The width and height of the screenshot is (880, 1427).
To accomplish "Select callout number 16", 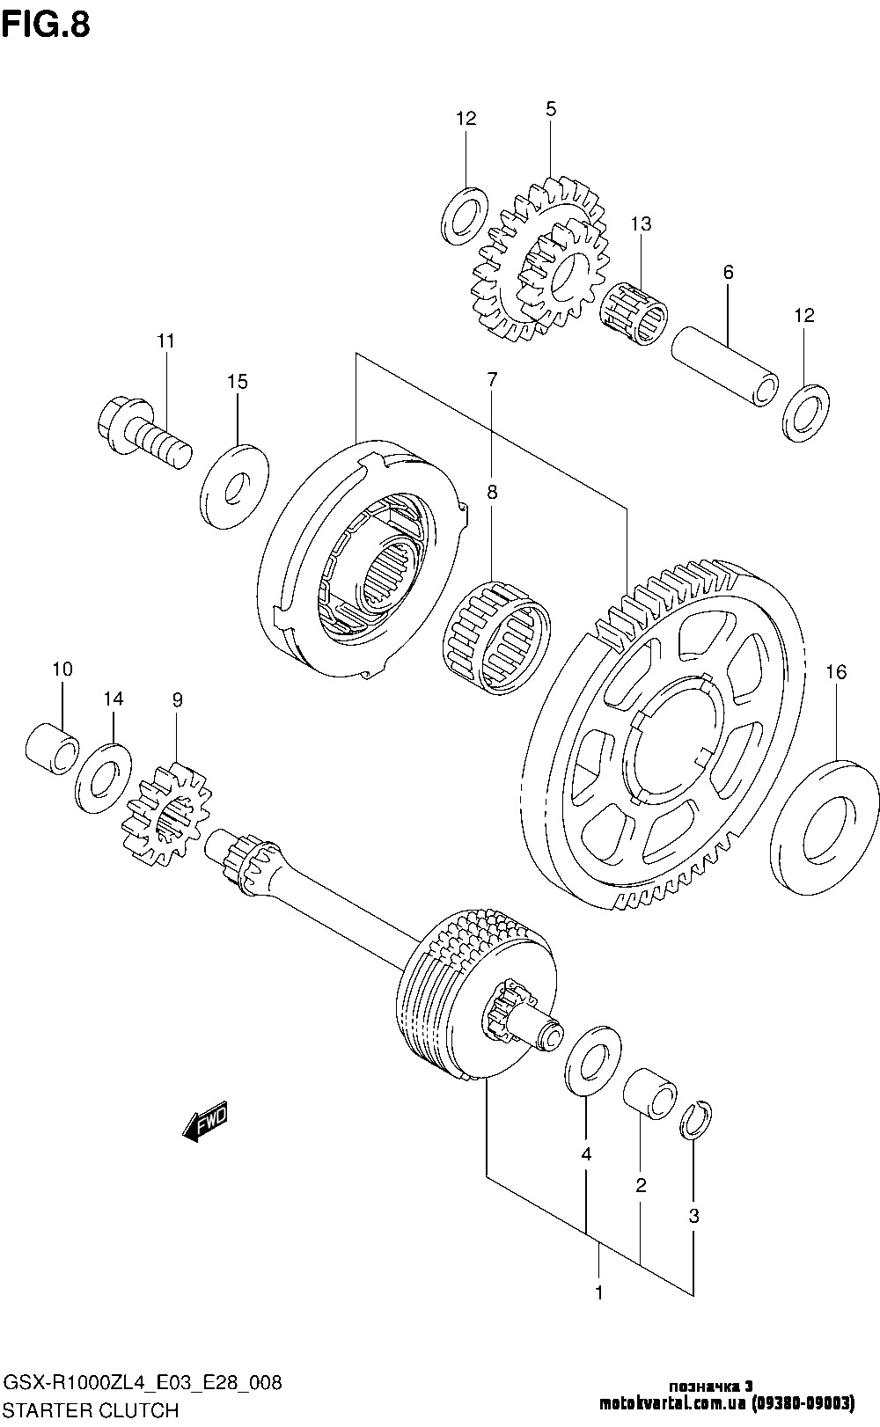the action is click(836, 671).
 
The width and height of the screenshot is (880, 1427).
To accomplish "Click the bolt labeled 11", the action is click(144, 431).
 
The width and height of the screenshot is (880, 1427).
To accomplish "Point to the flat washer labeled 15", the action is click(234, 487).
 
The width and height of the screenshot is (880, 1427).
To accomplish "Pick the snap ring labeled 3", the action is click(696, 1120).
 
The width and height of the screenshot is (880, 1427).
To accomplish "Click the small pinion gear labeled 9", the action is click(166, 815).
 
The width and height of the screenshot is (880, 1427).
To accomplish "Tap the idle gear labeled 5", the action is click(539, 259).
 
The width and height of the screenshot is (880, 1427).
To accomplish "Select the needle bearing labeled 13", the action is click(634, 313).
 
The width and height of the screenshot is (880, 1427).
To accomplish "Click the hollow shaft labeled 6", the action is click(725, 366).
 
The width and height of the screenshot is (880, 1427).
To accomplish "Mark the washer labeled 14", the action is click(103, 777).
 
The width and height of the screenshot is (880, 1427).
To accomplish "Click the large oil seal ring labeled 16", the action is click(825, 829).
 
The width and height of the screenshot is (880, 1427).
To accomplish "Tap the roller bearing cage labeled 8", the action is click(497, 636).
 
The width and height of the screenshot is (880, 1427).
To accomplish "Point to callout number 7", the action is click(491, 380).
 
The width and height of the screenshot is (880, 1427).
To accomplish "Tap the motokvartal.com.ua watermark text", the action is click(727, 1403).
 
